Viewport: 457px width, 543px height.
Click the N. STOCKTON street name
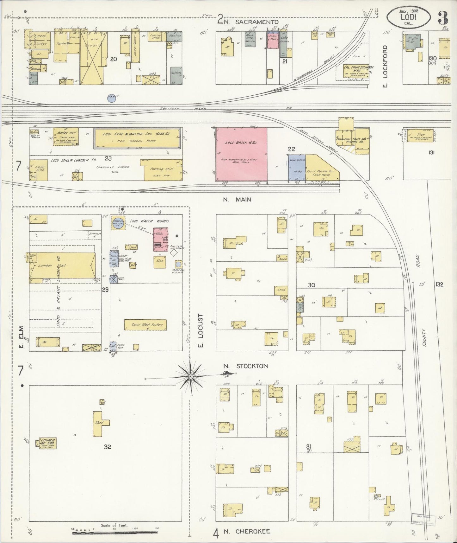pyautogui.click(x=245, y=366)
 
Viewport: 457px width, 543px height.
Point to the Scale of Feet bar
pyautogui.click(x=114, y=533)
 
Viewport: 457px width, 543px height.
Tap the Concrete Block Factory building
pyautogui.click(x=145, y=325)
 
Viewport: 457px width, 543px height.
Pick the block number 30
pyautogui.click(x=311, y=285)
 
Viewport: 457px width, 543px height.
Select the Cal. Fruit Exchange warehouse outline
pyautogui.click(x=359, y=72)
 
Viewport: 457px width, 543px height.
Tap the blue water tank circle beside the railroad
pyautogui.click(x=111, y=99)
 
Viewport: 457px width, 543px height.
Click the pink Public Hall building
pyautogui.click(x=272, y=40)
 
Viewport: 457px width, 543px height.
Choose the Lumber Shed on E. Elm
pyautogui.click(x=62, y=265)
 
